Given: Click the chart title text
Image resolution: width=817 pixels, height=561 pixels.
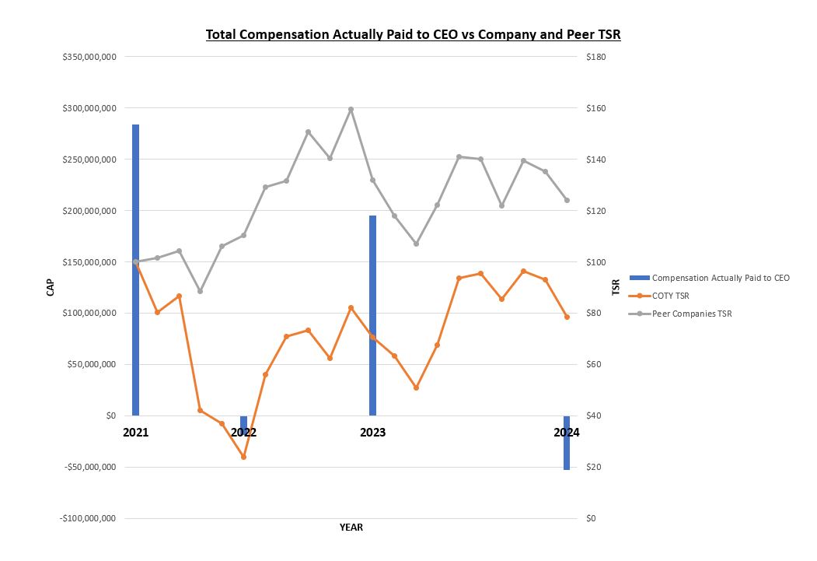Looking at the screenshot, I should (413, 34).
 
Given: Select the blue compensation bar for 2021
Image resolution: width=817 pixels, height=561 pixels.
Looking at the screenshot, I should (135, 269).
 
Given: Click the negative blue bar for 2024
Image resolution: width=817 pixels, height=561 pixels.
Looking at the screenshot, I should (567, 443).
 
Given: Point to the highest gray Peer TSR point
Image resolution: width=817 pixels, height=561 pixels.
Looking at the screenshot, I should (351, 109).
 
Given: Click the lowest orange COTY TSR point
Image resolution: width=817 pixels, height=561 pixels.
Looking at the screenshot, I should (243, 457).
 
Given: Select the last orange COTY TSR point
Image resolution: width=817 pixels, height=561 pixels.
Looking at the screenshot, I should (567, 317).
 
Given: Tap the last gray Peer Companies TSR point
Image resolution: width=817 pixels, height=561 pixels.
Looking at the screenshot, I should (567, 200).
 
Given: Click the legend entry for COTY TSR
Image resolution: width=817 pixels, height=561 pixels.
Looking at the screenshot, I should (670, 296).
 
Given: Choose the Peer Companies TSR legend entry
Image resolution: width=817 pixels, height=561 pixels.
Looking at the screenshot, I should (691, 314).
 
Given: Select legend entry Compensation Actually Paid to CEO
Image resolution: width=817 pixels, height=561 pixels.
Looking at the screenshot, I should (720, 278).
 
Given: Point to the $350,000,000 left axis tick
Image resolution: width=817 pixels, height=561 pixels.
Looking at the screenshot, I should (89, 57).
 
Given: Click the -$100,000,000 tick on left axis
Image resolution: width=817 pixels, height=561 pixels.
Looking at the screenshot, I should (88, 518).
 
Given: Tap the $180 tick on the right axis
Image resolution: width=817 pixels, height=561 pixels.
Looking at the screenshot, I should (596, 57).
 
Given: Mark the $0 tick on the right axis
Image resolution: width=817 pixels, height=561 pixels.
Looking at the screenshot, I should (591, 518).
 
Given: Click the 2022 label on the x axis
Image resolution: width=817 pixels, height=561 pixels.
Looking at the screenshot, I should (243, 433).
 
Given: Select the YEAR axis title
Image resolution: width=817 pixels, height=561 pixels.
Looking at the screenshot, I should (351, 528).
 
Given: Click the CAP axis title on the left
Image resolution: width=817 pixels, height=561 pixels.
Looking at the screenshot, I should (50, 287).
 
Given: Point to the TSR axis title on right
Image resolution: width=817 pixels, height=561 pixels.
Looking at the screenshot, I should (616, 287).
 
